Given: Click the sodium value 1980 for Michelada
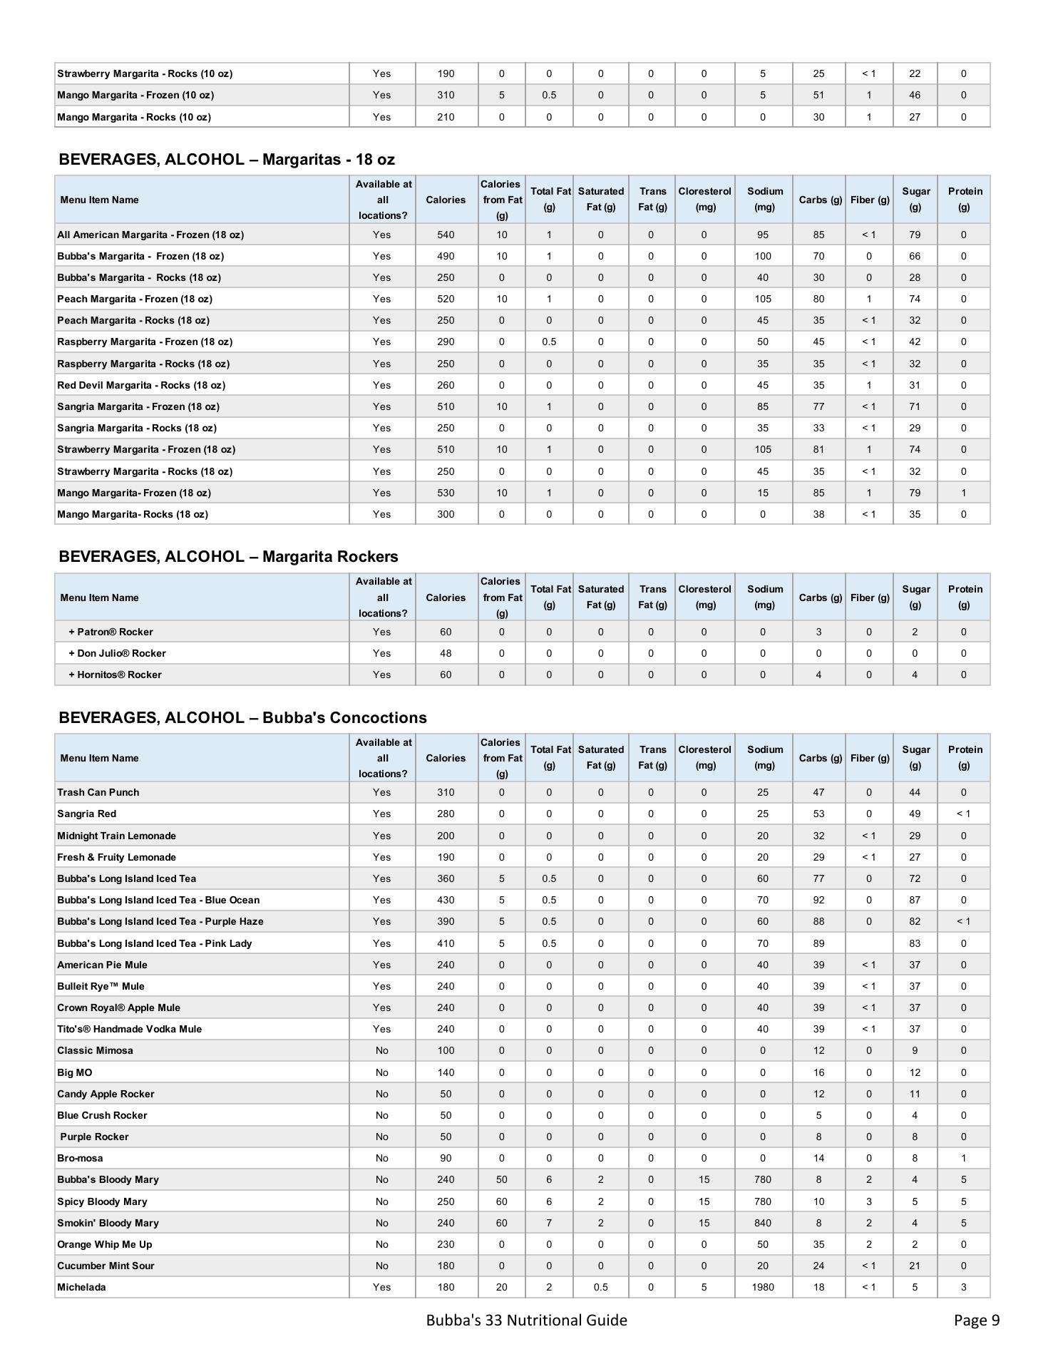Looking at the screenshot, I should coord(762,1287).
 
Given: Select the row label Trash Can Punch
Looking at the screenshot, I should coord(98,792).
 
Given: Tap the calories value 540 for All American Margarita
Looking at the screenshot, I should coord(446,235).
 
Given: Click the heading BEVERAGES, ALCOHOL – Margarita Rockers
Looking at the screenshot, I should coord(228,556).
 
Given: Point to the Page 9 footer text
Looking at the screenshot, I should coord(976,1320).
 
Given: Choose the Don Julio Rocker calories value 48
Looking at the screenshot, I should coord(446,653).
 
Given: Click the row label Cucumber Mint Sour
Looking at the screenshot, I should coord(106,1266).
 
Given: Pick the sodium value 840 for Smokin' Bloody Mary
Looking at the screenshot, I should coord(762,1223).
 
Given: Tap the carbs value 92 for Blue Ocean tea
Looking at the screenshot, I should coord(818,900).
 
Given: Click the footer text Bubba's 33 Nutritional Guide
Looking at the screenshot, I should coord(526,1320).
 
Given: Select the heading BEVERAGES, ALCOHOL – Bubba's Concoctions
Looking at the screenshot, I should coord(242,717).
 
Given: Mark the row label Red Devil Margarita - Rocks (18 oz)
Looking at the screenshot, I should coord(141,385).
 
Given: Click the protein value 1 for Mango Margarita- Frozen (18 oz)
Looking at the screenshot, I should coord(963,493).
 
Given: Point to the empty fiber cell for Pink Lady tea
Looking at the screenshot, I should coord(868,943).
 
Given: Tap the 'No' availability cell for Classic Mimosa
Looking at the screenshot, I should coord(381,1050).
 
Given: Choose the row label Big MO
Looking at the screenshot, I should coord(75,1072).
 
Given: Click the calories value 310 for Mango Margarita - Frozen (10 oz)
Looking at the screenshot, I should coord(446,95).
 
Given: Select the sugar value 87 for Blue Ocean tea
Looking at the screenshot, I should coord(915,900).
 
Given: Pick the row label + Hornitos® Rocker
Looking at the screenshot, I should coord(115,675).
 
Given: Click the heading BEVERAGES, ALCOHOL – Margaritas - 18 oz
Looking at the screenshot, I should coord(227,159).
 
